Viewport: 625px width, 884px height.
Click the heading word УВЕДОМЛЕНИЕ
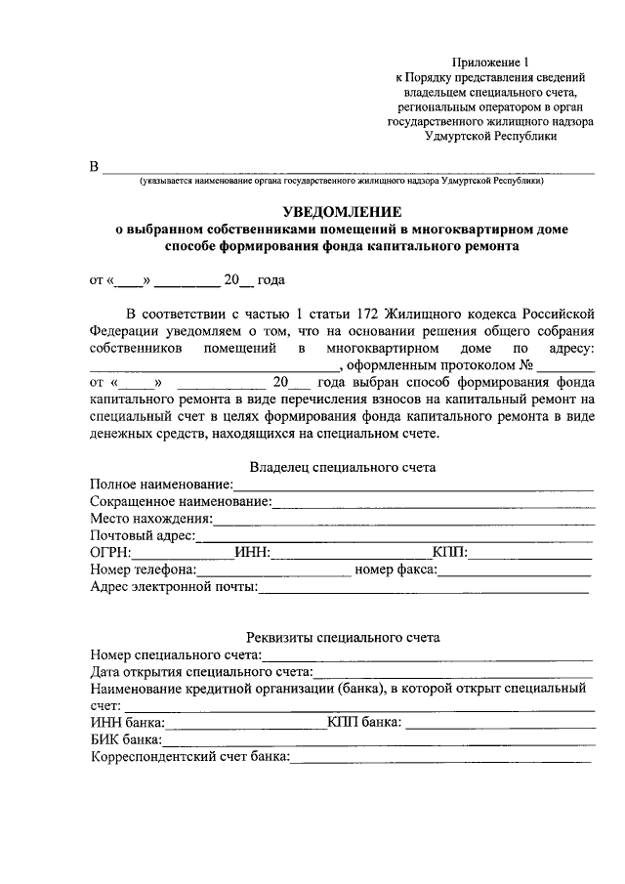pyautogui.click(x=341, y=211)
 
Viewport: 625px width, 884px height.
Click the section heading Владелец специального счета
pyautogui.click(x=342, y=467)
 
